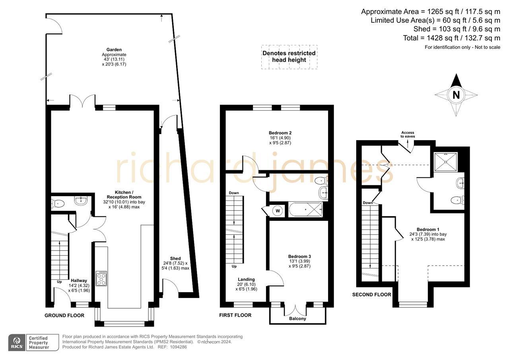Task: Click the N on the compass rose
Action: (456, 95)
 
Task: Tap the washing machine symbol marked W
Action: (277, 210)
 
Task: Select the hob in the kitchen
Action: (101, 278)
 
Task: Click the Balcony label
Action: (297, 319)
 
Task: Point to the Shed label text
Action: (175, 259)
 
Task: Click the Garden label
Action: (114, 50)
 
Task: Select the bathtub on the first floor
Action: (305, 209)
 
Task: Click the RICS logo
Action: (17, 342)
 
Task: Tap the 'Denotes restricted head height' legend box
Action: (289, 56)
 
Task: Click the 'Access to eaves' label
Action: (408, 134)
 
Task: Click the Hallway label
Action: (79, 281)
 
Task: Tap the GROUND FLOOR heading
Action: (64, 315)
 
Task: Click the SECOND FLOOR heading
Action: (371, 295)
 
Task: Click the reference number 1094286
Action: (178, 347)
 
